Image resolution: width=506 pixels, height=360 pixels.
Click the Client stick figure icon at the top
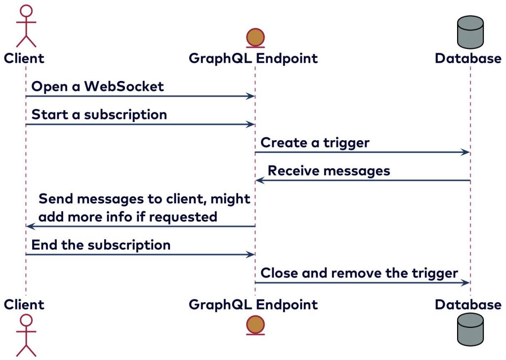26,26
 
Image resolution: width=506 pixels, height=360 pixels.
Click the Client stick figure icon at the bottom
26,334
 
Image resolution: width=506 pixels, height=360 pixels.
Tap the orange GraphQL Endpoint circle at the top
255,37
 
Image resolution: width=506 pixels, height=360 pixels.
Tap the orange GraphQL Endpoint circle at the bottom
255,324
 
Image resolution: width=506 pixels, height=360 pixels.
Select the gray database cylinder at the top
470,32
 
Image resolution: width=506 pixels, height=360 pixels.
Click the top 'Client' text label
24,58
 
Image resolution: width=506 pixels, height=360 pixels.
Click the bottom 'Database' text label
468,305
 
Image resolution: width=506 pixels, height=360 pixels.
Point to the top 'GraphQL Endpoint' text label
253,59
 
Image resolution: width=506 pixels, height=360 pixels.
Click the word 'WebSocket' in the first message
124,86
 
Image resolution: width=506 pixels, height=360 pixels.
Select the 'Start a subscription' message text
99,115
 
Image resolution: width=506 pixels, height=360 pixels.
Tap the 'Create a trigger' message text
315,143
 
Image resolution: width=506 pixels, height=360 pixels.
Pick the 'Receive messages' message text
329,171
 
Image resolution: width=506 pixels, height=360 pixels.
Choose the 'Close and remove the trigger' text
359,273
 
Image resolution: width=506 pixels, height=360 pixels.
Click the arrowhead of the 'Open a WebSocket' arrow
251,96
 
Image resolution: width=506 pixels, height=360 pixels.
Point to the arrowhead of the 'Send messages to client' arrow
30,226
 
